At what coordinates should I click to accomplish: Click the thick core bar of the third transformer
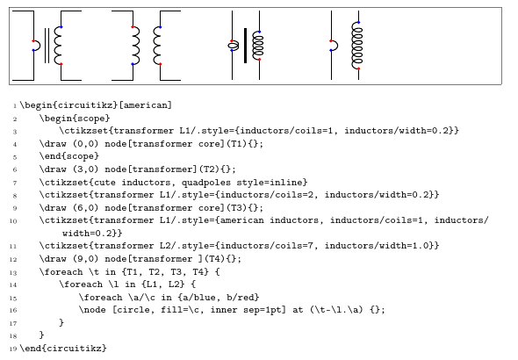(245, 46)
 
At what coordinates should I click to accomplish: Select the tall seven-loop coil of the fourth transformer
(357, 45)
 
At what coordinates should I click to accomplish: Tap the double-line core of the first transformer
(46, 46)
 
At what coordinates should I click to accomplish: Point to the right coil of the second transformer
(158, 45)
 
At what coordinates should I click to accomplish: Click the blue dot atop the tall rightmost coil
(358, 21)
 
